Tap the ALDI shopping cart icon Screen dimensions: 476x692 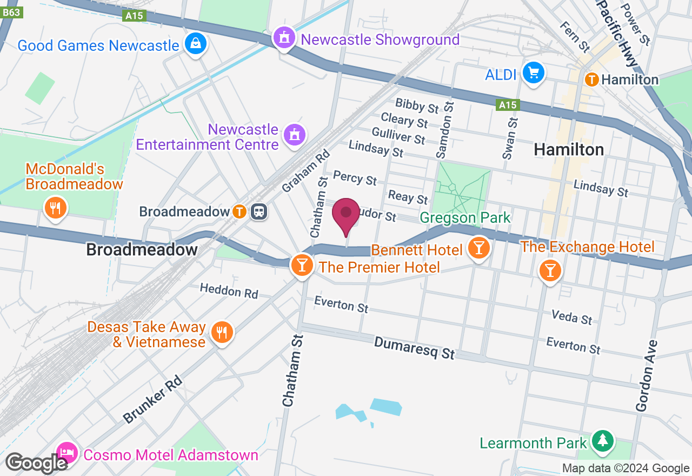534,72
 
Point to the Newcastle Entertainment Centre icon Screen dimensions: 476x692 294,135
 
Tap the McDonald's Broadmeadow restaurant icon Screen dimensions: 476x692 55,208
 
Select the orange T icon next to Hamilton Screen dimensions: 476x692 591,80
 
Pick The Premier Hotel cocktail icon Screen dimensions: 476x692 302,265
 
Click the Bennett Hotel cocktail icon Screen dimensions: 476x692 478,248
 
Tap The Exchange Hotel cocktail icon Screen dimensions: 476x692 550,269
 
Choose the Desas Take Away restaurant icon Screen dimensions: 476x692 221,332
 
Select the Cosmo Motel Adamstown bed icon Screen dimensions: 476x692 67,452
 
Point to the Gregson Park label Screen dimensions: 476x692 465,218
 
